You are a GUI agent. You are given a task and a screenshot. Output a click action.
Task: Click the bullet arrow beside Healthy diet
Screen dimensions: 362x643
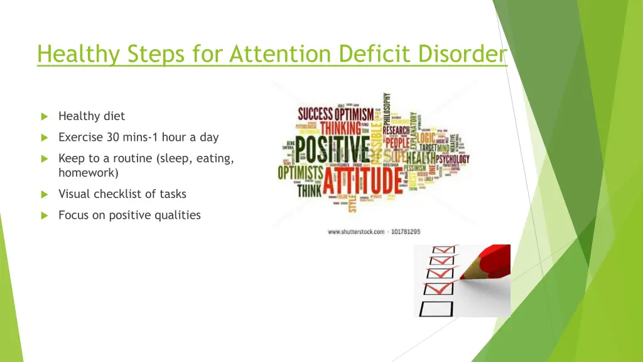coord(44,116)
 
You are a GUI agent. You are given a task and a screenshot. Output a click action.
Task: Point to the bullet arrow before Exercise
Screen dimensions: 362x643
coord(44,138)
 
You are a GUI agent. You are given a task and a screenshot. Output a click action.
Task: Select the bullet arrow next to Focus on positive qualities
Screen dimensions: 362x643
coord(44,216)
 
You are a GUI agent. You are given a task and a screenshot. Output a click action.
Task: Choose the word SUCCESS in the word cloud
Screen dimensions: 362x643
coord(315,114)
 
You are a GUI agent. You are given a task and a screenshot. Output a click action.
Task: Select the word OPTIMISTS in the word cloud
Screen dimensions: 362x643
coord(301,172)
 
